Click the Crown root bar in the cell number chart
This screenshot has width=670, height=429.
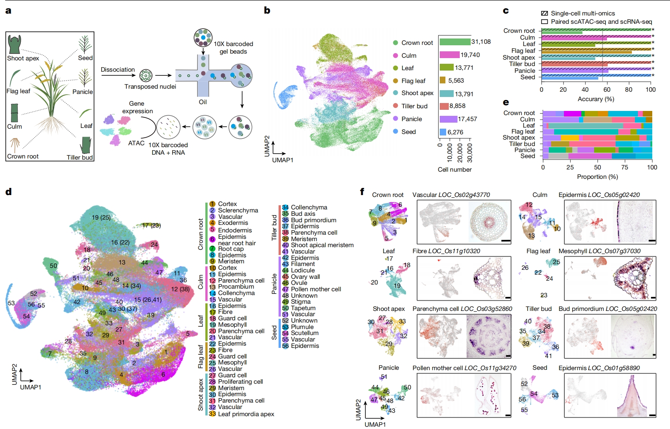coord(455,42)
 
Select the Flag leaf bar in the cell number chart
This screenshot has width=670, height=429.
coord(442,80)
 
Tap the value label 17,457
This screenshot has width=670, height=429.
coord(467,119)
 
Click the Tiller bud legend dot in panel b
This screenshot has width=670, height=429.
coord(396,106)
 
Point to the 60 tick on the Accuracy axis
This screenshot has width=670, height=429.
coord(607,90)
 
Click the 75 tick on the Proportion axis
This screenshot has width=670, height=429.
coord(625,167)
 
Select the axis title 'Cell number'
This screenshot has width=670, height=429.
coord(454,169)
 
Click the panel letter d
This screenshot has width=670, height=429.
coord(8,192)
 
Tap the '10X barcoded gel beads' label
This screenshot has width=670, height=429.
coord(233,48)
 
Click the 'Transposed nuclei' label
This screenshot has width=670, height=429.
coord(150,86)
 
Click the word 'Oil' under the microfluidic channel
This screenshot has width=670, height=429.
coord(203,102)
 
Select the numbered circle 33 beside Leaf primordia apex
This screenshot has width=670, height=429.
coord(212,414)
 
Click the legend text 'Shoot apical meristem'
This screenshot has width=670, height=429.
coord(322,245)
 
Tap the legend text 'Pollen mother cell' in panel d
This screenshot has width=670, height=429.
coord(316,289)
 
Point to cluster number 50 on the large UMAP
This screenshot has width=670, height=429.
coord(54,266)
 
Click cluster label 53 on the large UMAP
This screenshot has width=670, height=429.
coord(11,303)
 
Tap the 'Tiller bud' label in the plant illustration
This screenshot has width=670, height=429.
coord(80,157)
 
